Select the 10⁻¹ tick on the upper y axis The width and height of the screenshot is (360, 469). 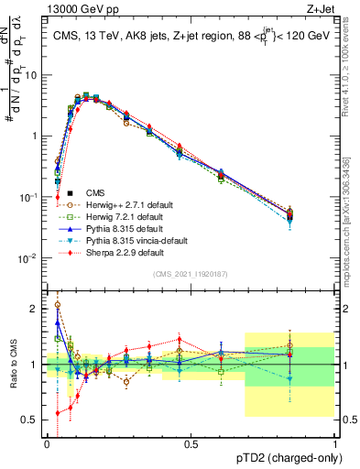coord(28,197)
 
